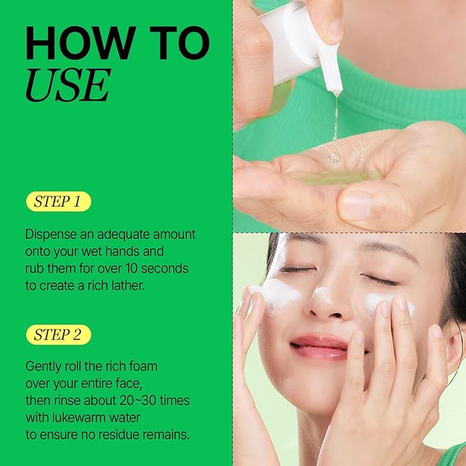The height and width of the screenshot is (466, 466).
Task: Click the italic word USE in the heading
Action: pos(67,86)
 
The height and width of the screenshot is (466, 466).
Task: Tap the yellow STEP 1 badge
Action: pos(58,202)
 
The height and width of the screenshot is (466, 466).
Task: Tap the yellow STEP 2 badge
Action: pos(58,335)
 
